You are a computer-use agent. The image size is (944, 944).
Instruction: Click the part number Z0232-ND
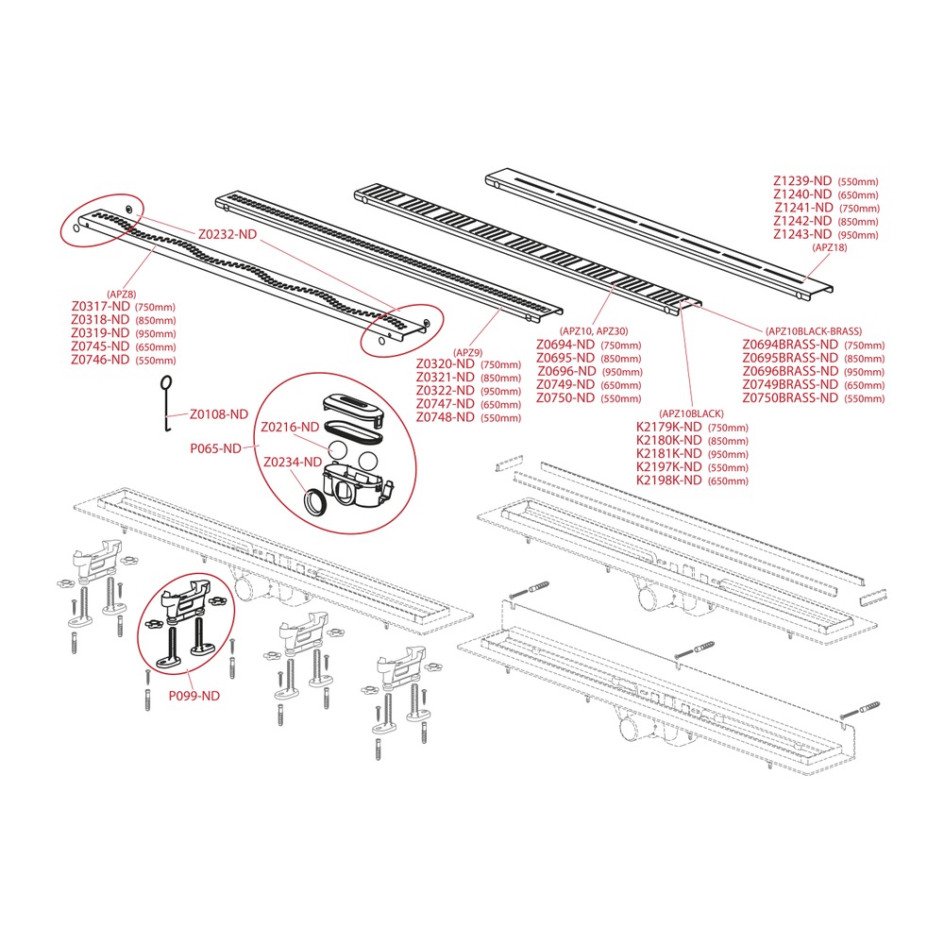(228, 234)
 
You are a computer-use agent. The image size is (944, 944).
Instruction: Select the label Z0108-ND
(219, 414)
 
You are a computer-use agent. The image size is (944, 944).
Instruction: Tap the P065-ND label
(215, 448)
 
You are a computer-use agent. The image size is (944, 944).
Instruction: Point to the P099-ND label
(194, 696)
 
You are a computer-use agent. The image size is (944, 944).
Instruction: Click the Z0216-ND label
(290, 428)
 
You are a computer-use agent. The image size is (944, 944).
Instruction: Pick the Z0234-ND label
(293, 462)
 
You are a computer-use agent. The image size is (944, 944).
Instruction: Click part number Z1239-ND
(802, 180)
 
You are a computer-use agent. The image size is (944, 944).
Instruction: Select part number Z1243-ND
(802, 234)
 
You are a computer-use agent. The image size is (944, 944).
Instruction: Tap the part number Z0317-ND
(101, 307)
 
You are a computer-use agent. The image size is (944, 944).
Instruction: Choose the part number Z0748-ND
(446, 417)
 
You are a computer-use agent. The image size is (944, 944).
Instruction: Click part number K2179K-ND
(669, 427)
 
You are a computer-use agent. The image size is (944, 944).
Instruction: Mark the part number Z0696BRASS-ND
(790, 371)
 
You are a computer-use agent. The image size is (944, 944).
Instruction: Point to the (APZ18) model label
(830, 247)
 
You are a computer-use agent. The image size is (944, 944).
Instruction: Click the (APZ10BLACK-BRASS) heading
(814, 331)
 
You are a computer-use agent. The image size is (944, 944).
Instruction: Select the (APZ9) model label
(468, 353)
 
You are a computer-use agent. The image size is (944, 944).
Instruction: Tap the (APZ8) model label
(122, 295)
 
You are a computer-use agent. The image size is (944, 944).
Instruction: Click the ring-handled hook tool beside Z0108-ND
(165, 403)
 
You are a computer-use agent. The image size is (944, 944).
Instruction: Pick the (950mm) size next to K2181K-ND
(729, 455)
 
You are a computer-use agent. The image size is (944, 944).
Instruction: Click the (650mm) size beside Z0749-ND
(621, 385)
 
